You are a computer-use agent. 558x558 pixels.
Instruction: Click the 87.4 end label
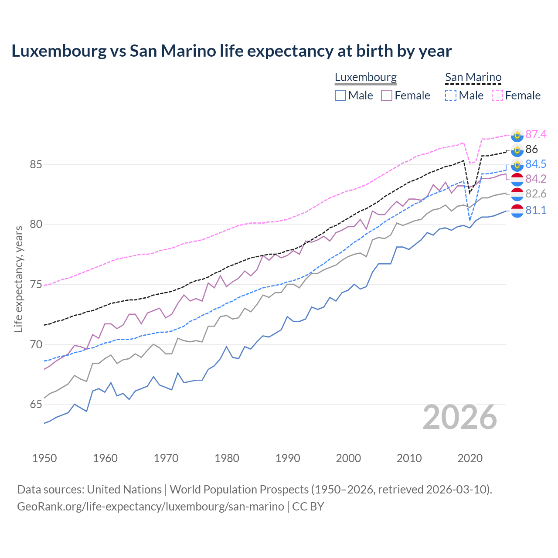536,134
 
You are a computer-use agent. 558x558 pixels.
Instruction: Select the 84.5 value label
536,164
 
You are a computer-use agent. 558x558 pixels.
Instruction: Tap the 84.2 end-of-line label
536,179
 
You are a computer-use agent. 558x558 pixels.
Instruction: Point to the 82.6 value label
536,194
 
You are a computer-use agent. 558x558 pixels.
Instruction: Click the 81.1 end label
536,210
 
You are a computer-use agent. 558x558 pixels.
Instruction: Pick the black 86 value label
531,149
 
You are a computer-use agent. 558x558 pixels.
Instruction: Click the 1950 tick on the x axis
44,458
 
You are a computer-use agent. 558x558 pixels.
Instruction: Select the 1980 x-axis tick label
227,458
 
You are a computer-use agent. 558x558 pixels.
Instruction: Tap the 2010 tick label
409,458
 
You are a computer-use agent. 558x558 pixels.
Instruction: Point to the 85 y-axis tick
36,165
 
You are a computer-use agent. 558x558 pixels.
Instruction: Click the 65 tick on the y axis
36,405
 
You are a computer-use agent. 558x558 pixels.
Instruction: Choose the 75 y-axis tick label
36,285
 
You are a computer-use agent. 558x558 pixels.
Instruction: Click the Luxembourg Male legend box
340,95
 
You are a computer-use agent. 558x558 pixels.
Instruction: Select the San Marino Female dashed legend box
497,95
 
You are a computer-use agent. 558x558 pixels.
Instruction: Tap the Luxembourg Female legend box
387,95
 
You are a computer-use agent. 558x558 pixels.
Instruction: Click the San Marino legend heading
473,77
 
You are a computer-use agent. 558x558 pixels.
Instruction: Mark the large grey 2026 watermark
460,417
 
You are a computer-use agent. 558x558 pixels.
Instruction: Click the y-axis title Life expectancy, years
18,279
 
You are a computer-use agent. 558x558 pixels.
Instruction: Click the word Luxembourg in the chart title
58,51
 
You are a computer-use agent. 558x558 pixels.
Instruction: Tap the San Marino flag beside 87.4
517,135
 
